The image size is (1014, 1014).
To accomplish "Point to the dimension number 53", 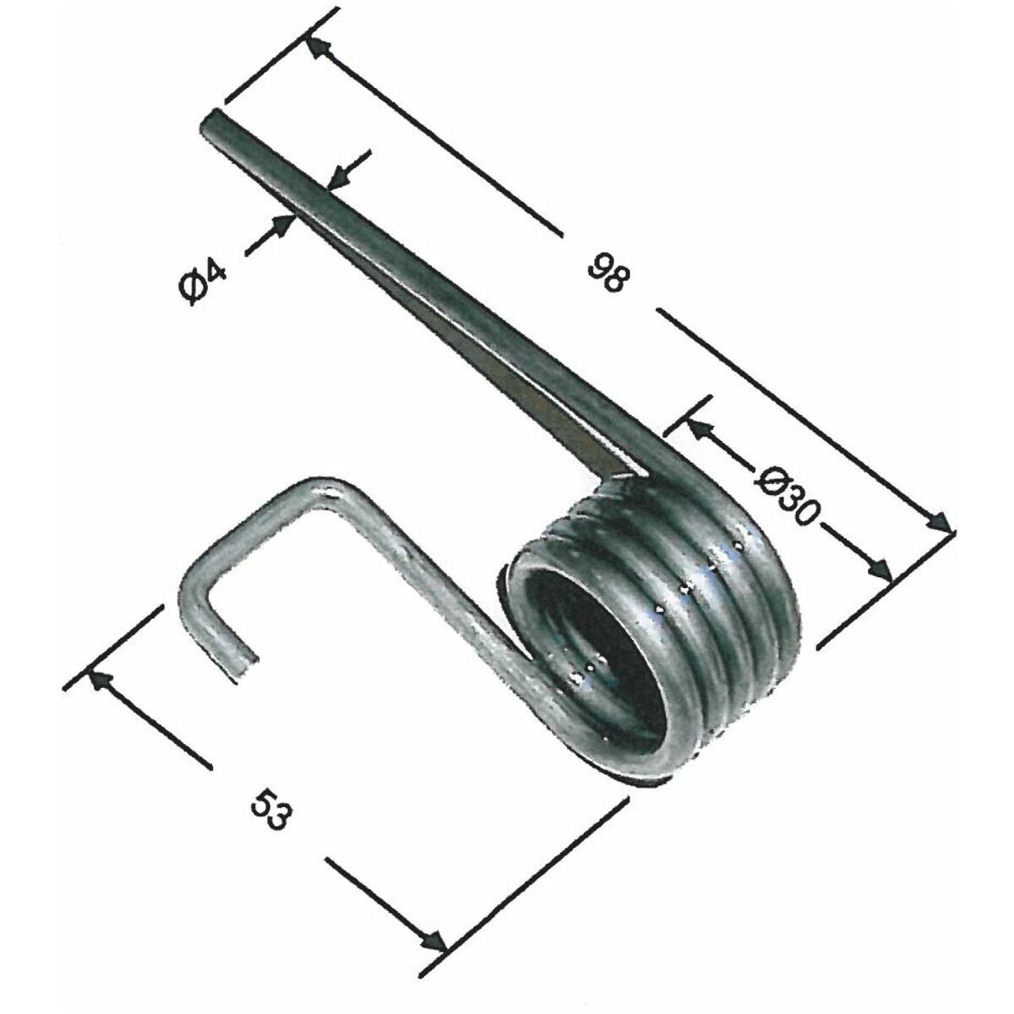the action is click(270, 811).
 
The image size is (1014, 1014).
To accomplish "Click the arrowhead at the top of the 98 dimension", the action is click(319, 48).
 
